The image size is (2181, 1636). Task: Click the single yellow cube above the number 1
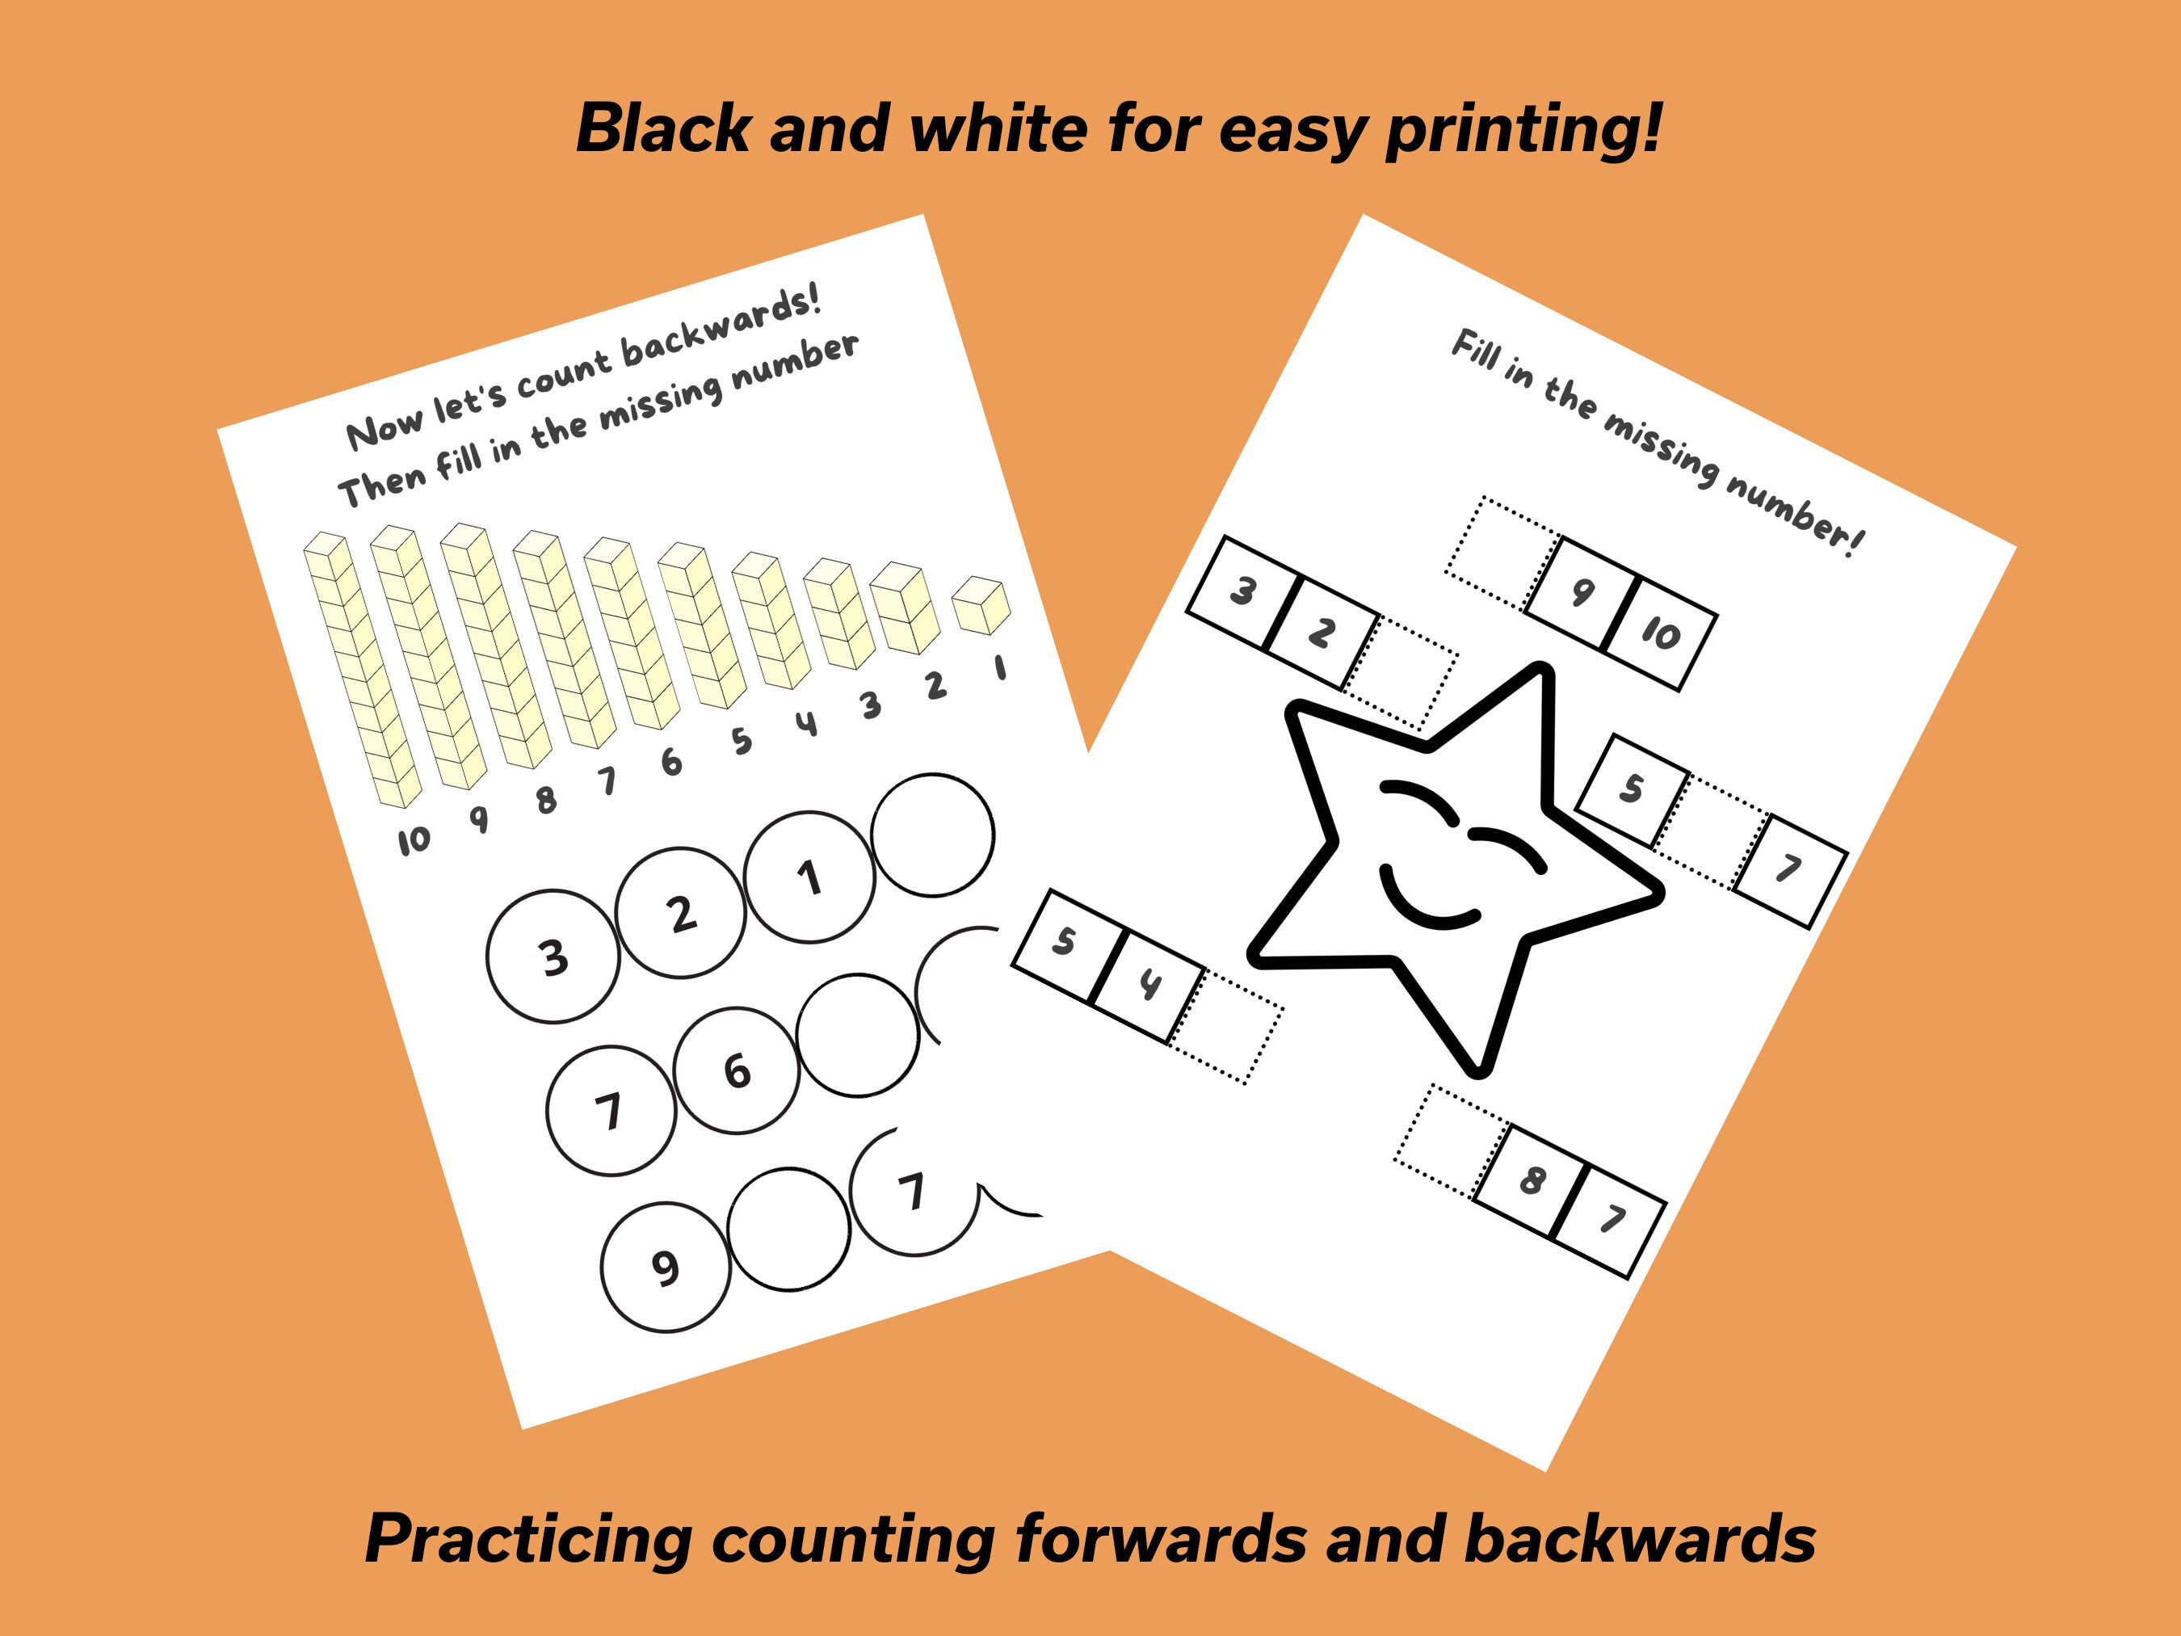pyautogui.click(x=982, y=605)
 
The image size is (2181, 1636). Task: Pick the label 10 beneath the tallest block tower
pyautogui.click(x=414, y=840)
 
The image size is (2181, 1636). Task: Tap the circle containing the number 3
pyautogui.click(x=553, y=957)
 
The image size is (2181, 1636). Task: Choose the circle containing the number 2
pyautogui.click(x=680, y=915)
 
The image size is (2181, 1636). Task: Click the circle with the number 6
pyautogui.click(x=737, y=1071)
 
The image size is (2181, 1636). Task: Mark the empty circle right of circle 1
pyautogui.click(x=933, y=835)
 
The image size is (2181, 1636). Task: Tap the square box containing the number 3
pyautogui.click(x=1242, y=591)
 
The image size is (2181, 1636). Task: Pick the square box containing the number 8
pyautogui.click(x=1532, y=1180)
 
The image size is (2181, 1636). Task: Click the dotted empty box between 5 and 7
pyautogui.click(x=1711, y=831)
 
